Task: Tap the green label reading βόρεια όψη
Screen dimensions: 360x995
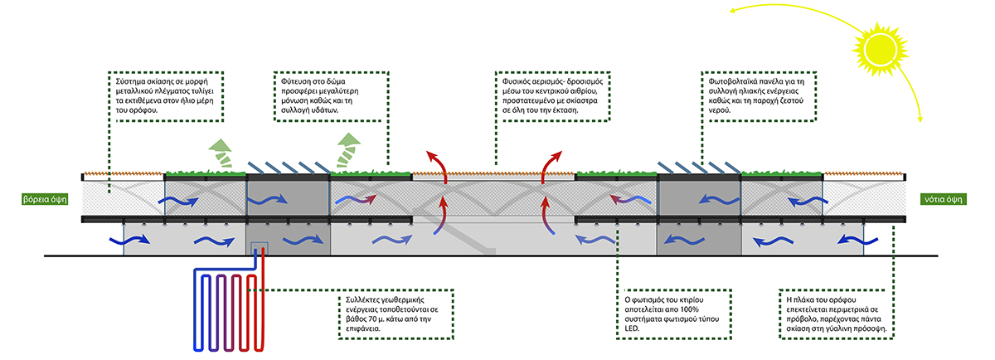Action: tap(46, 199)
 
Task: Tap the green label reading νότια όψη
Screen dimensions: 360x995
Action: tap(947, 199)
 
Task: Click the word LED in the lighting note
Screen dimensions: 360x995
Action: tap(633, 329)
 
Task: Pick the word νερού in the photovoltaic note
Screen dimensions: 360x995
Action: tap(715, 109)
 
